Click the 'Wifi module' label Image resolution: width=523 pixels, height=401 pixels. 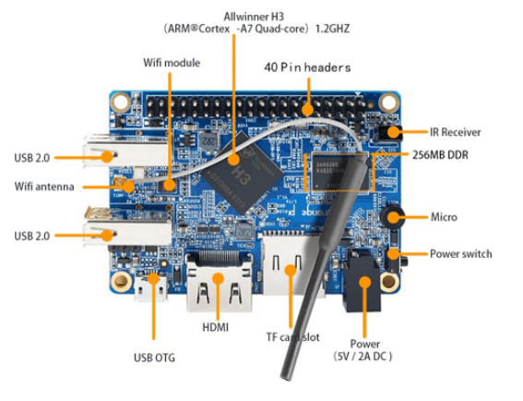[x=172, y=62]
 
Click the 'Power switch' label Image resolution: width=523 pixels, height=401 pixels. [x=461, y=253]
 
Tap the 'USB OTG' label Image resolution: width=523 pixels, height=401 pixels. [x=152, y=357]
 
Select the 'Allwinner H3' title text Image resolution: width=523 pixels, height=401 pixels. [x=254, y=17]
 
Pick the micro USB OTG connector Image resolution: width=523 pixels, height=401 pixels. [x=149, y=290]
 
